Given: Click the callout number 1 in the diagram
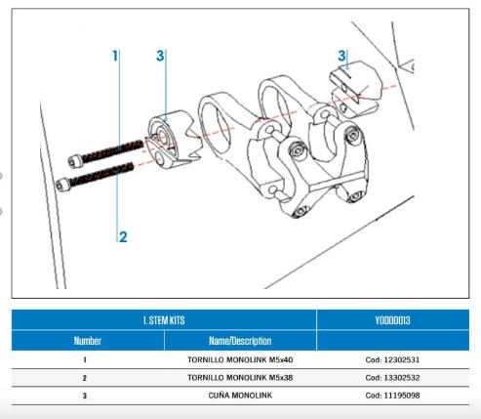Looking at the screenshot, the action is tap(115, 56).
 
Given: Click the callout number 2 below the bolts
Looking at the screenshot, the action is tap(123, 236).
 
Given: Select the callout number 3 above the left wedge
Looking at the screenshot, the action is tap(160, 56).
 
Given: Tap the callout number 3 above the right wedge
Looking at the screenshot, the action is tap(341, 56).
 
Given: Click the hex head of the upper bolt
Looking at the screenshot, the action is tap(74, 161).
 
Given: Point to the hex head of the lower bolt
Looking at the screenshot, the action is tap(61, 186).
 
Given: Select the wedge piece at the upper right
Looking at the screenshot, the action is tap(354, 89).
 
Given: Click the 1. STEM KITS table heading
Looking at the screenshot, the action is tap(164, 320).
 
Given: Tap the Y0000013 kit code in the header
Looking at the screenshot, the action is tap(392, 320).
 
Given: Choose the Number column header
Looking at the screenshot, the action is tap(88, 341).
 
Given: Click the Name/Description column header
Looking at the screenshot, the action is tap(240, 341).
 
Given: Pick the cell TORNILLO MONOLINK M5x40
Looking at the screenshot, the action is tap(240, 359).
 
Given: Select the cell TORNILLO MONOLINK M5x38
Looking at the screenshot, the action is tap(240, 378).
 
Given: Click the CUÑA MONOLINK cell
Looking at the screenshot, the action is tap(240, 396).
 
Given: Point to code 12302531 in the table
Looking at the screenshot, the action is tap(402, 359).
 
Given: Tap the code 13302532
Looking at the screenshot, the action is tap(402, 378).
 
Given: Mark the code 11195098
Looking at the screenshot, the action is tap(402, 396).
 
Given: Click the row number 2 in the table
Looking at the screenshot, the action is tap(85, 378).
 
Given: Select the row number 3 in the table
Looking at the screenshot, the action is tap(85, 396).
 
